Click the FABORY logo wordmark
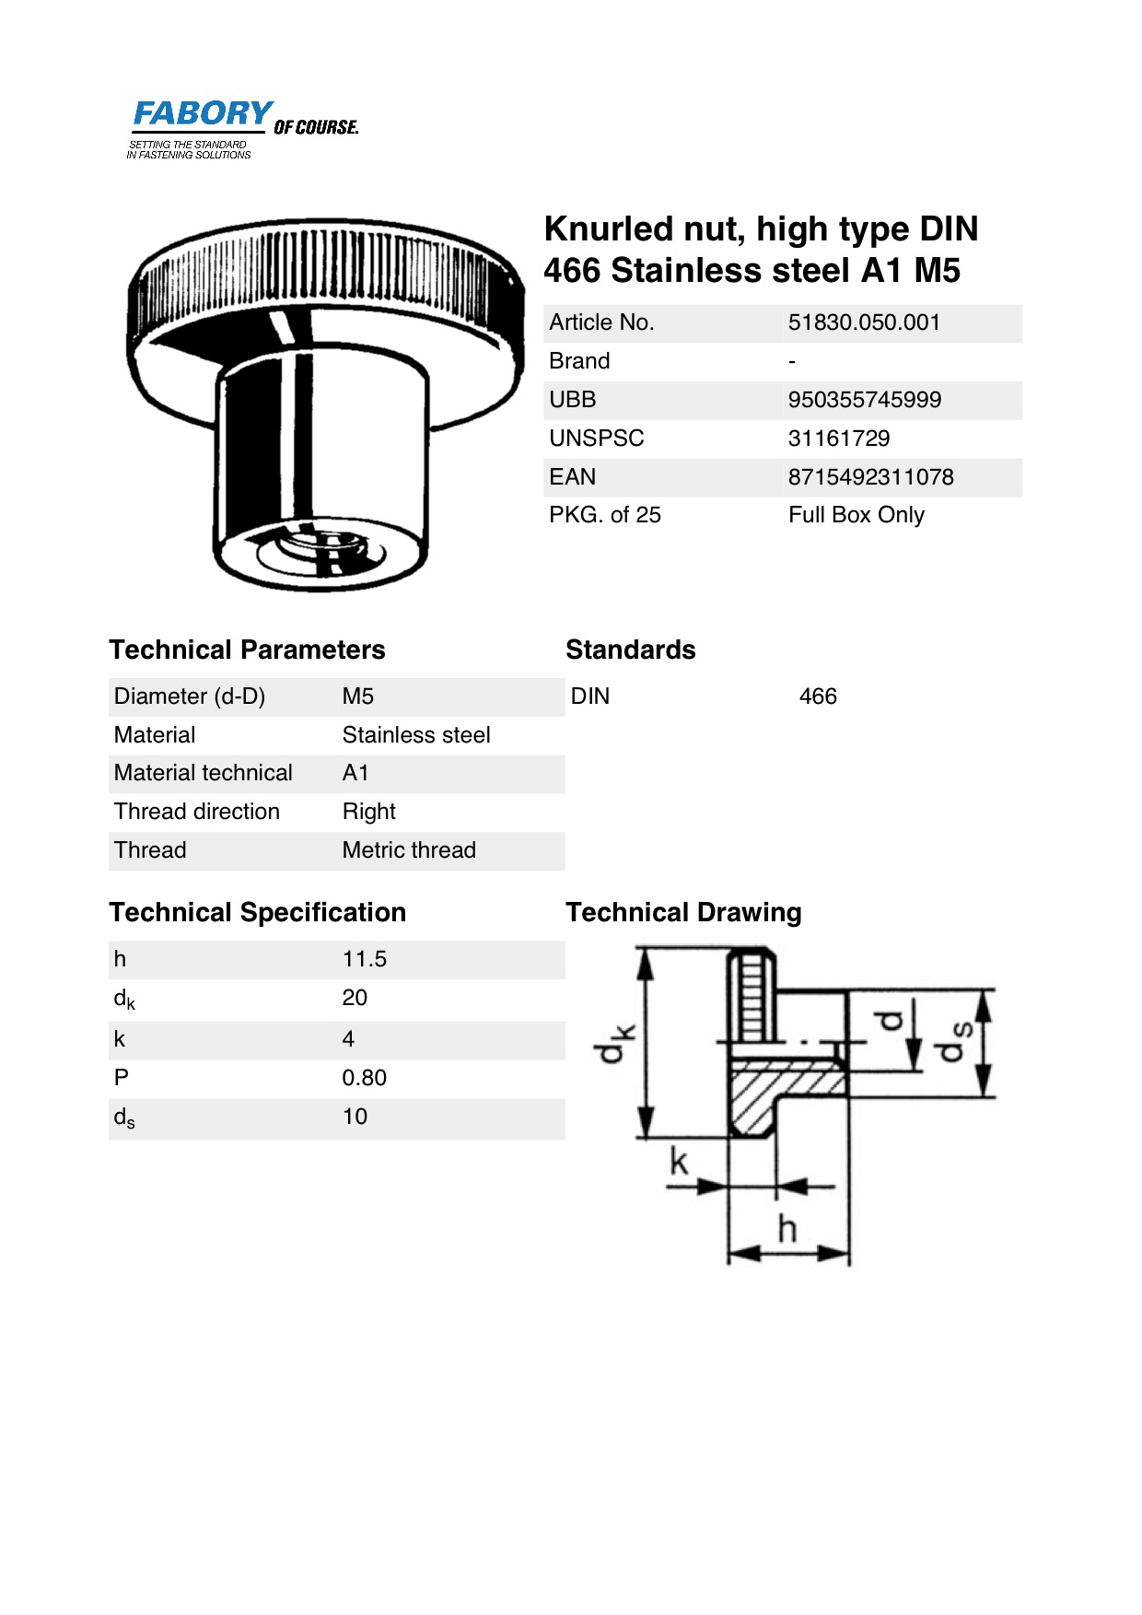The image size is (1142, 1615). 203,114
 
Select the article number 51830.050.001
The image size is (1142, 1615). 864,322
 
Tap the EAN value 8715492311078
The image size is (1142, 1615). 870,477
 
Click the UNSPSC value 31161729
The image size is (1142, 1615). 838,439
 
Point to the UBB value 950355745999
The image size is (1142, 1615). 864,400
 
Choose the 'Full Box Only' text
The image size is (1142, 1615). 856,515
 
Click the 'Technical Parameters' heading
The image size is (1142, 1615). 247,650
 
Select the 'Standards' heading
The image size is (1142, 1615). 630,650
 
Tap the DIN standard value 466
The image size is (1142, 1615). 818,696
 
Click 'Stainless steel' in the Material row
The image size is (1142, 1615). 415,735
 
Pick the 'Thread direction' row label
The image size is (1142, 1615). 196,812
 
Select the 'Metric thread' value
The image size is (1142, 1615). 409,850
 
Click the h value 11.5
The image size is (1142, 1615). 364,959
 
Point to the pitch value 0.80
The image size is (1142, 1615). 364,1078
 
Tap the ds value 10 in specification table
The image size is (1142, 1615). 355,1117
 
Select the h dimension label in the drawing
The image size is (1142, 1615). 787,1228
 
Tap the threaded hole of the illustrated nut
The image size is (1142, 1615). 318,550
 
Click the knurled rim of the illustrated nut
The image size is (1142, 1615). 322,267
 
